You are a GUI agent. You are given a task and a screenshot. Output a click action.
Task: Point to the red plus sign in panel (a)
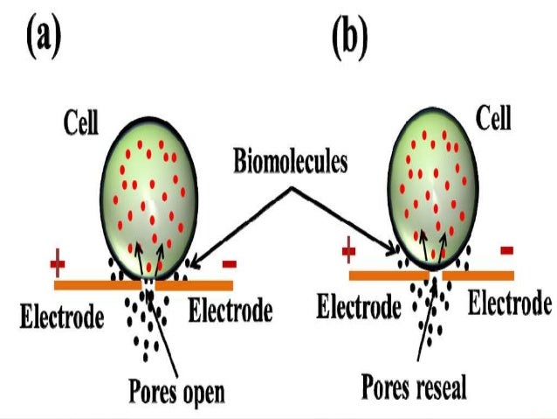[x=58, y=262]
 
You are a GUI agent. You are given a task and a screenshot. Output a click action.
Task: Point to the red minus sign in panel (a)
[x=229, y=262]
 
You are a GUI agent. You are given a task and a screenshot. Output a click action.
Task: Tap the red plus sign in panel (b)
[x=348, y=254]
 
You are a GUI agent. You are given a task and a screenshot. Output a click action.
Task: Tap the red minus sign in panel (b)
[x=506, y=252]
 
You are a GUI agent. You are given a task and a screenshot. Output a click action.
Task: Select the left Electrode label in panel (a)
[x=60, y=312]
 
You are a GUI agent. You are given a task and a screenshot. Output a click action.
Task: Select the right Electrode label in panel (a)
[x=230, y=310]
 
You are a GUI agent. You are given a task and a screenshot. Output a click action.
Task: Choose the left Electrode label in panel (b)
[x=358, y=306]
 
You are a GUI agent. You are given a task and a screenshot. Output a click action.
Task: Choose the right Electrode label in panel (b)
[x=510, y=304]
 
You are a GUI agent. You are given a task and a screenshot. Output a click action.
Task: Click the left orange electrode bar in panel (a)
[x=96, y=284]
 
